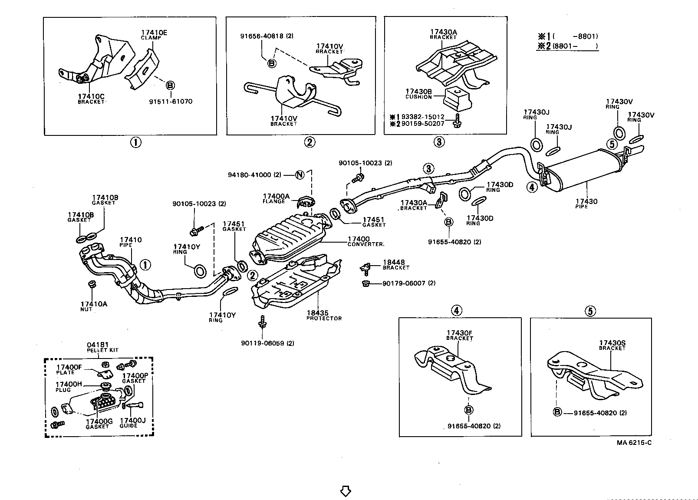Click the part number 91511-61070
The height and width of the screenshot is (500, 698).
pos(170,102)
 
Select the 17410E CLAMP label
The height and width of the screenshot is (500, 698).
pos(151,35)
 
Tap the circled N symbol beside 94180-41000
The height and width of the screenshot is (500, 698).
pos(300,175)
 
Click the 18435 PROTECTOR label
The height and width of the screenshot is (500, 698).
pos(324,315)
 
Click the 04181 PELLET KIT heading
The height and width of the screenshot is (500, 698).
pos(102,347)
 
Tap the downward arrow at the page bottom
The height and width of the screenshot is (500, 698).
pos(346,491)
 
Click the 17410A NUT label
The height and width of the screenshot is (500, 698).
pos(94,306)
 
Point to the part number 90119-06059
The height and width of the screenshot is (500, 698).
pos(267,343)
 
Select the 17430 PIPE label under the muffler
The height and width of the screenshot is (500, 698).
pos(586,204)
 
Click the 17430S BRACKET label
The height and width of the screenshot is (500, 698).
pos(612,345)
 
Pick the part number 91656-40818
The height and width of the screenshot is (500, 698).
pos(267,36)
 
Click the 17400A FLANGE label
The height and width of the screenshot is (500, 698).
pos(276,198)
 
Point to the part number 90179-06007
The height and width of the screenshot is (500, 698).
pos(408,283)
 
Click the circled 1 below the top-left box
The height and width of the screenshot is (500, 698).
pos(136,142)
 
